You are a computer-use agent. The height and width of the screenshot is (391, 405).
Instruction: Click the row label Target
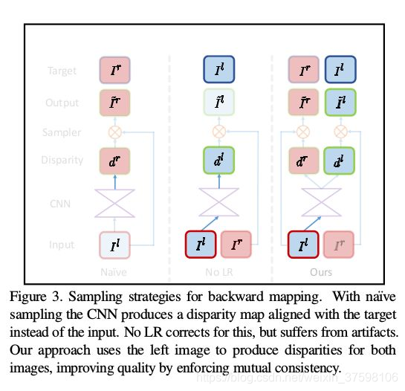62,71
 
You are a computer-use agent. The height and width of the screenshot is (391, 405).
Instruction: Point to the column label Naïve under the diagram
114,272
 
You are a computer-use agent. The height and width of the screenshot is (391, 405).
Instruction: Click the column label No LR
218,272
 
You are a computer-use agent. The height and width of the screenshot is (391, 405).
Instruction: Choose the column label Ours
321,272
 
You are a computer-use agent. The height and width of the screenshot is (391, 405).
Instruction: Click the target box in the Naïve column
114,71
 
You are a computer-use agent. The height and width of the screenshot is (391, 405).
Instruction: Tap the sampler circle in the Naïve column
114,132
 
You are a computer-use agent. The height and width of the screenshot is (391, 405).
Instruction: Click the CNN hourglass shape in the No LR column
218,201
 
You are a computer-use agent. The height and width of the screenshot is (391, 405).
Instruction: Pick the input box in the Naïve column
114,245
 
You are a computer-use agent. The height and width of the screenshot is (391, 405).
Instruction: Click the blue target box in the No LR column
218,71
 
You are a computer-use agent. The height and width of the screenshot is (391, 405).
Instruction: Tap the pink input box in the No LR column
236,245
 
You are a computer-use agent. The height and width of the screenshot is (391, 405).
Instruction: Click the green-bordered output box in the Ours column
340,102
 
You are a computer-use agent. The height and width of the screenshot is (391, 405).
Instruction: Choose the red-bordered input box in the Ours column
303,245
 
